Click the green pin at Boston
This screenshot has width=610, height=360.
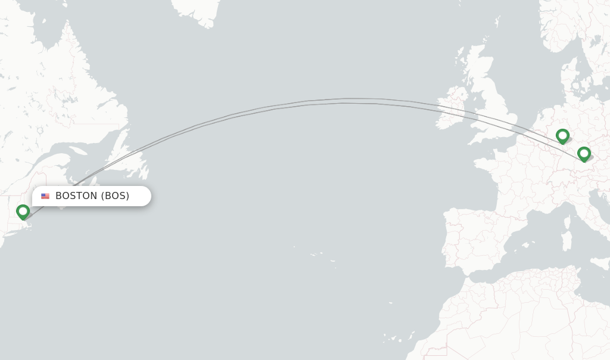coord(23,212)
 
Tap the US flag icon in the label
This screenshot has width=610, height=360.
coord(45,196)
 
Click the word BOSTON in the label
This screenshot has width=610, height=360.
coord(76,196)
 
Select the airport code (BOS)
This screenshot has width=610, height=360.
coord(115,196)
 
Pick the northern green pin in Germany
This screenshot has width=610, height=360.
coord(562,136)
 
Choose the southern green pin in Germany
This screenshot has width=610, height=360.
coord(584,154)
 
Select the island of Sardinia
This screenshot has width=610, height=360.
coord(567,239)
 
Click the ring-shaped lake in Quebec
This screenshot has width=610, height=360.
coord(40,131)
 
